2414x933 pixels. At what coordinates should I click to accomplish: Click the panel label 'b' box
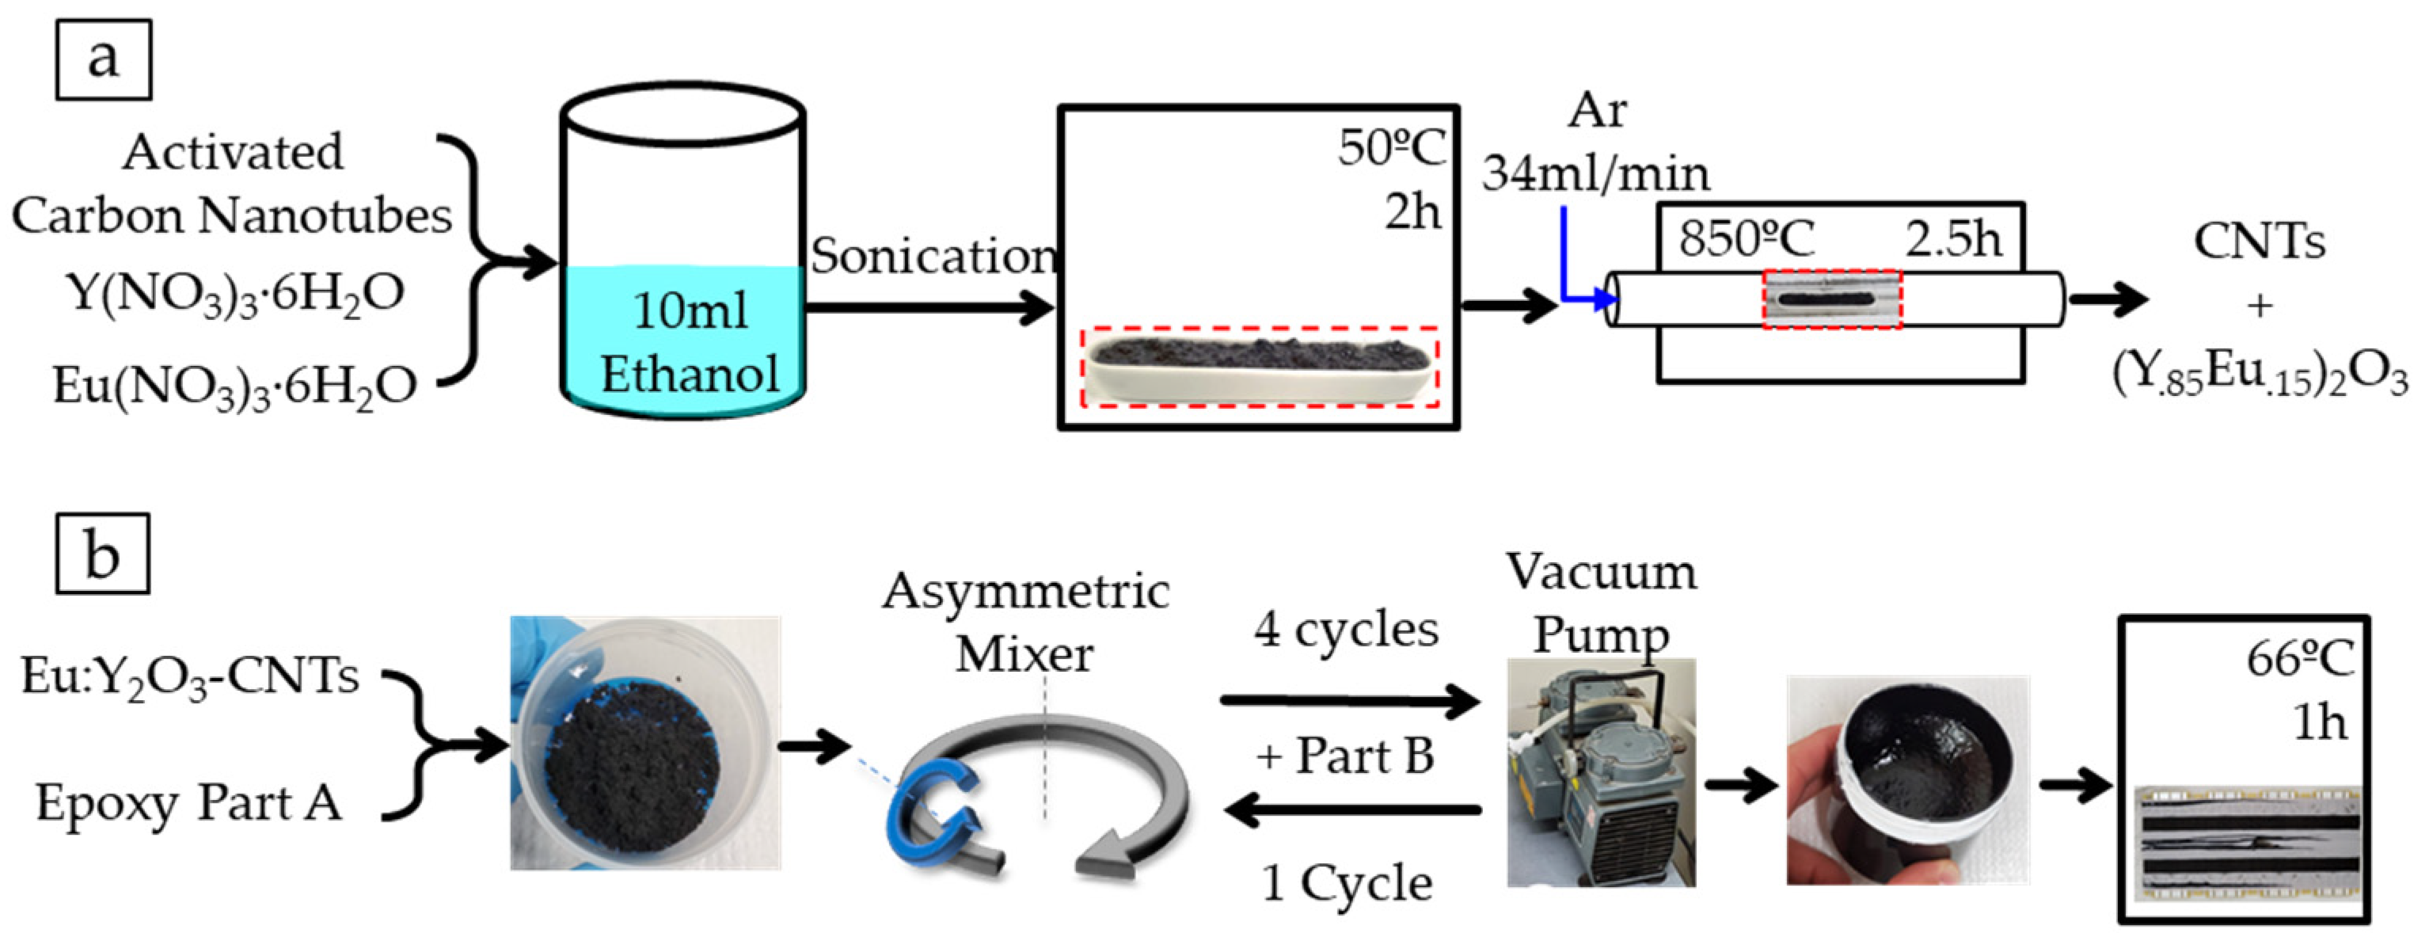pos(102,554)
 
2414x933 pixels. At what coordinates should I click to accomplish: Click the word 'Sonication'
pos(933,255)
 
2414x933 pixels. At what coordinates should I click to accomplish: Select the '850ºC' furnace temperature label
pos(1746,239)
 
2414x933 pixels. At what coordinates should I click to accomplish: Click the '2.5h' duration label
pos(1953,239)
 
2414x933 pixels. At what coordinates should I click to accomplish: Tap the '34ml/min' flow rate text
pos(1595,173)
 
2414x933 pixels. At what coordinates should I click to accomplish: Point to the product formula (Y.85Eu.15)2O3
pos(2259,375)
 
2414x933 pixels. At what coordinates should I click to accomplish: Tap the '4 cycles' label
pos(1346,629)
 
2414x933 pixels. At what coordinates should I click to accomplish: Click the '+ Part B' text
pos(1346,756)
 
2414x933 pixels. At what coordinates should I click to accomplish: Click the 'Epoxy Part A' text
pos(188,804)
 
